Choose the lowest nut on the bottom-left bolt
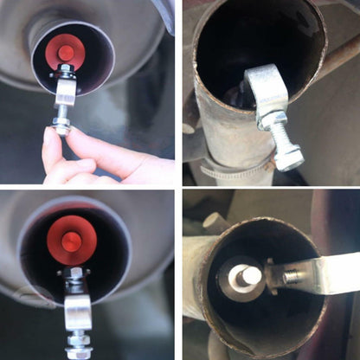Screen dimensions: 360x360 point(79,351)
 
